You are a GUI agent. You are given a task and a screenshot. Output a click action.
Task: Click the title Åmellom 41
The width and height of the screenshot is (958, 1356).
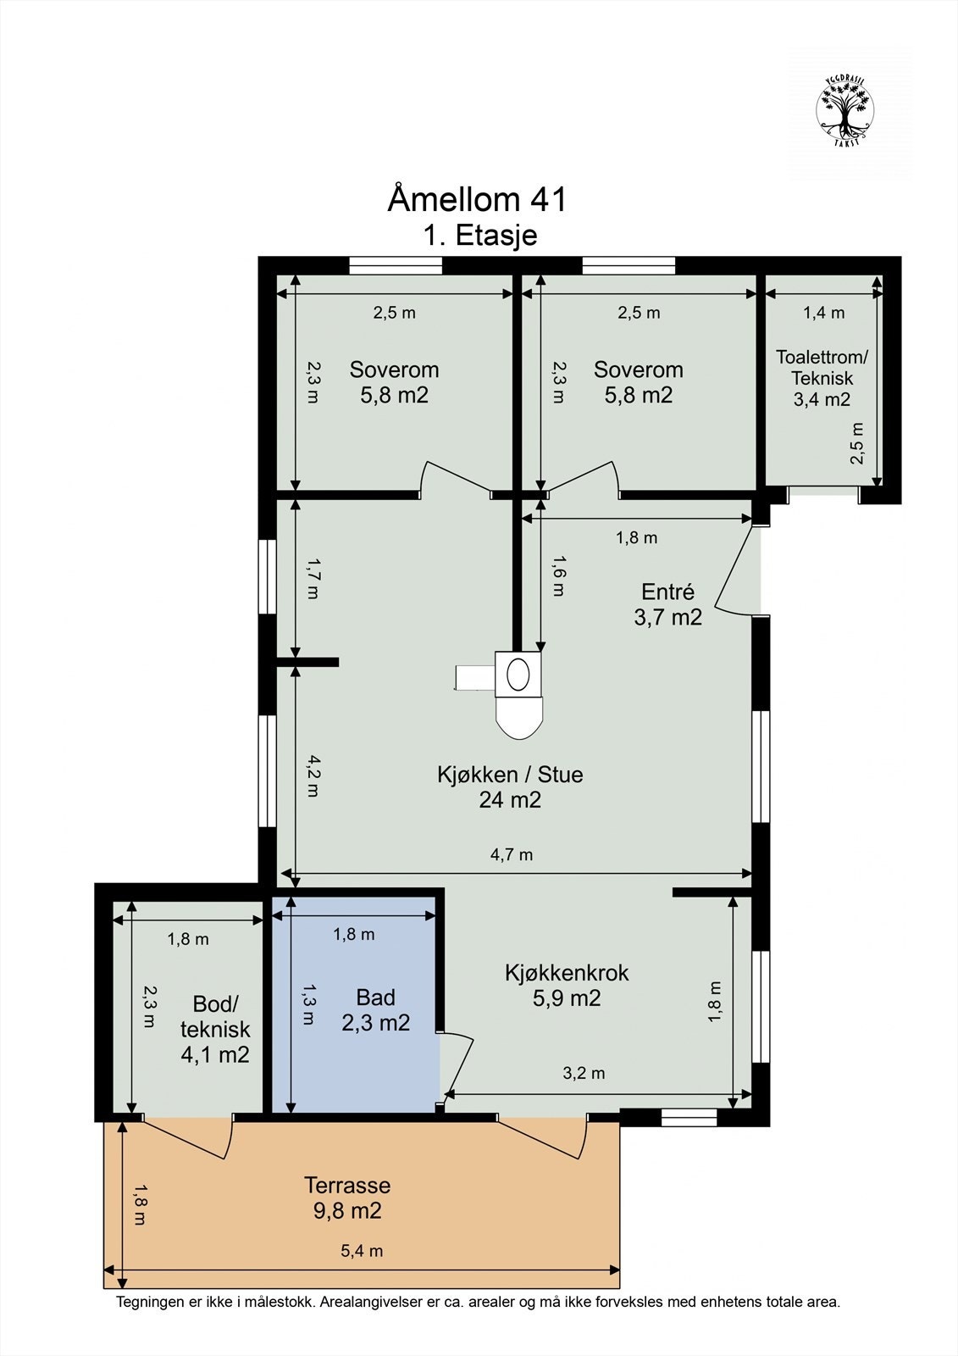(477, 199)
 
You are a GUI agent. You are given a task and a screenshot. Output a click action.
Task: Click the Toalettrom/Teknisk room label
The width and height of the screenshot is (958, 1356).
(822, 378)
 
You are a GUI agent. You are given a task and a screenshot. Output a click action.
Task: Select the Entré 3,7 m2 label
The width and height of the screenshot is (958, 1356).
(667, 604)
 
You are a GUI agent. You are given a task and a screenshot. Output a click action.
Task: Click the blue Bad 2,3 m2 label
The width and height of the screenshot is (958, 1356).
(375, 1010)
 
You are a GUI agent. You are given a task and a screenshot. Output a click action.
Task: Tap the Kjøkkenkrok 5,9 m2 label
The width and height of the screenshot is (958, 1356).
(566, 985)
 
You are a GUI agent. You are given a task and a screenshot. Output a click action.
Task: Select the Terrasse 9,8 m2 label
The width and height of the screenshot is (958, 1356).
(347, 1198)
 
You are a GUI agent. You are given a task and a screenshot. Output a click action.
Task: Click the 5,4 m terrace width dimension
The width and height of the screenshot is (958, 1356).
(362, 1251)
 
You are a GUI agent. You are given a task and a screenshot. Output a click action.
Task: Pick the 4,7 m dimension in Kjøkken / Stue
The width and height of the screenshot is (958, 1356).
(512, 854)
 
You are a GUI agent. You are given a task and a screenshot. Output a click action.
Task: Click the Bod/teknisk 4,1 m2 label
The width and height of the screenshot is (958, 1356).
(215, 1029)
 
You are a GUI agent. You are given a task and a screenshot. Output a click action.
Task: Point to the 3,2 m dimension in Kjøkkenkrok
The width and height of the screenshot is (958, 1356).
(584, 1073)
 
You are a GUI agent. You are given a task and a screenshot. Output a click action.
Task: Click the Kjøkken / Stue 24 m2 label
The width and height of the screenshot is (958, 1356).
(510, 786)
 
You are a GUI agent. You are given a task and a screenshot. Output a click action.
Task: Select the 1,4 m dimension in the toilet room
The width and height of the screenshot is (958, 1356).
(823, 313)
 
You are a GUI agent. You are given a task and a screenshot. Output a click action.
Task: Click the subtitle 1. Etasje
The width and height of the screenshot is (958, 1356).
(480, 235)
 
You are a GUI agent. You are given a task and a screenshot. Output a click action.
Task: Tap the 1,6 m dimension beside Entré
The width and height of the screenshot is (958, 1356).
(557, 576)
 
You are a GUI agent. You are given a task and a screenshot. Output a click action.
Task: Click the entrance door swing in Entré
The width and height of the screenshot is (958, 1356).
(734, 570)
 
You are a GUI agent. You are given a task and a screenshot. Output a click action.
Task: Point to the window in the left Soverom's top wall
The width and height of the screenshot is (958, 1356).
(396, 266)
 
